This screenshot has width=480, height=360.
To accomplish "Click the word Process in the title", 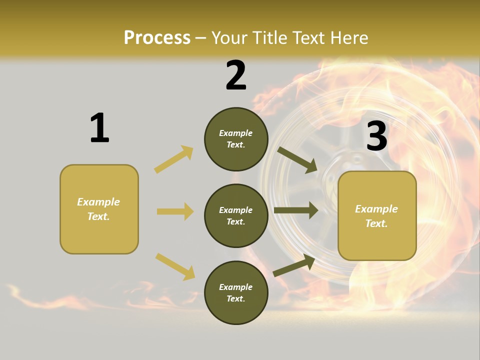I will pyautogui.click(x=157, y=37).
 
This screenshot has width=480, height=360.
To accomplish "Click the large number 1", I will pyautogui.click(x=99, y=128).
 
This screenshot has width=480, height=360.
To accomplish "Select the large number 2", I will pyautogui.click(x=236, y=75).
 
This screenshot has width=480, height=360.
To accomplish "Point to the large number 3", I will pyautogui.click(x=376, y=136).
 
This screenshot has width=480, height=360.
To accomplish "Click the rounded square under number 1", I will pyautogui.click(x=99, y=209).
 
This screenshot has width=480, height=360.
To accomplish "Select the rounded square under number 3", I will pyautogui.click(x=377, y=215).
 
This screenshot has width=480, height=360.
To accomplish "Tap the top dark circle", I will pyautogui.click(x=236, y=139).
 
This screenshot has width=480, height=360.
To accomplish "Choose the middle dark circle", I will pyautogui.click(x=236, y=215).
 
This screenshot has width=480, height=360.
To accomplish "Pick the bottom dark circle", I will pyautogui.click(x=236, y=292).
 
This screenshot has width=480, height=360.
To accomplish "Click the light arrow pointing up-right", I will pyautogui.click(x=174, y=159).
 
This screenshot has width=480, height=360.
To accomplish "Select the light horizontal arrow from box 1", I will pyautogui.click(x=175, y=211).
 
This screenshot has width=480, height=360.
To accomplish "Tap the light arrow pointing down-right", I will pyautogui.click(x=175, y=266).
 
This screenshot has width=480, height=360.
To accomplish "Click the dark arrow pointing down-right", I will pyautogui.click(x=297, y=159).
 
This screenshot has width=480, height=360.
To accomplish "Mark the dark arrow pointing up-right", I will pyautogui.click(x=294, y=265).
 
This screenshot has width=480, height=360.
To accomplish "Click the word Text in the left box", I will pyautogui.click(x=98, y=216).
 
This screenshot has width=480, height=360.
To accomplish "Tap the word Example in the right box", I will pyautogui.click(x=376, y=209).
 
